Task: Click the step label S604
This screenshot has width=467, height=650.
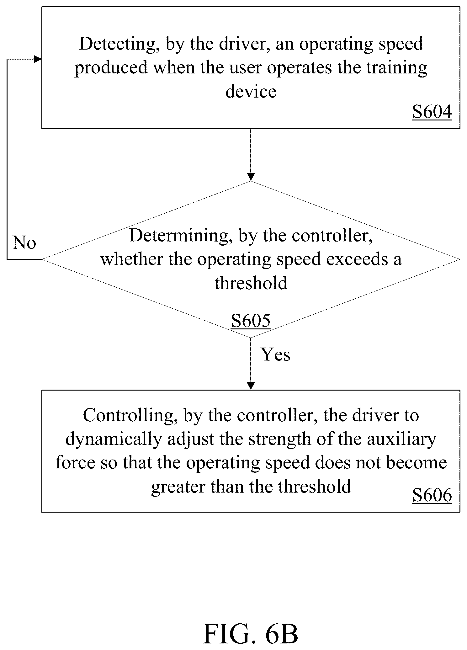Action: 432,112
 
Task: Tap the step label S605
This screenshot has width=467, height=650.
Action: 251,321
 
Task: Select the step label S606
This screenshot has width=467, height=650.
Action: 432,495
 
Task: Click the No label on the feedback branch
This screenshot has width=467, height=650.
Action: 24,242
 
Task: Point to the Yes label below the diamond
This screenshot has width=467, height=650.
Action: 276,354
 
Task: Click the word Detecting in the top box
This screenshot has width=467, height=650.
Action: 118,44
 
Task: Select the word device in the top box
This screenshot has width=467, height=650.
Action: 251,92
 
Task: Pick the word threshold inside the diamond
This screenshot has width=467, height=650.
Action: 251,283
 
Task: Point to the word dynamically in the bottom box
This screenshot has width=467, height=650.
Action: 114,440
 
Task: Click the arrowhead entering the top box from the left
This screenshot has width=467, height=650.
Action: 38,59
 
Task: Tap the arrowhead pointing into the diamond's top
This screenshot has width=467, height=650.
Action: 251,177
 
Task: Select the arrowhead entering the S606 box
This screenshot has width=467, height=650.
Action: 251,386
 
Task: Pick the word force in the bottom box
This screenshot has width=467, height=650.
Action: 75,463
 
